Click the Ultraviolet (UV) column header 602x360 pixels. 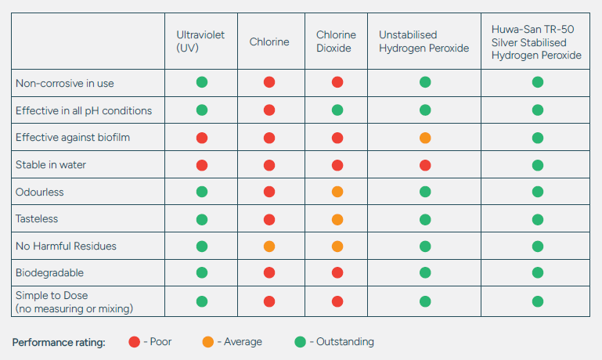(x=200, y=41)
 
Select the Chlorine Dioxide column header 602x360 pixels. (x=336, y=41)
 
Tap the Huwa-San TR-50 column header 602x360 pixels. (x=536, y=42)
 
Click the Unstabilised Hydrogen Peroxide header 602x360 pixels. (x=424, y=41)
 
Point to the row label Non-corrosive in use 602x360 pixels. (x=64, y=83)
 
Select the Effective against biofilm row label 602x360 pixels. (x=73, y=138)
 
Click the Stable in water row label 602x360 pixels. (x=51, y=164)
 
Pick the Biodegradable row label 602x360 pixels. (x=49, y=273)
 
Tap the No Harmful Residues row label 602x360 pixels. (x=66, y=246)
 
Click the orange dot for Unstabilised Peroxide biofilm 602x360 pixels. (x=425, y=138)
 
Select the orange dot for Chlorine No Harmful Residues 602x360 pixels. (x=269, y=247)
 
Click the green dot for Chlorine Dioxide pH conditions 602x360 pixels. (x=337, y=110)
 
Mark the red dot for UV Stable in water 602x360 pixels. (x=202, y=165)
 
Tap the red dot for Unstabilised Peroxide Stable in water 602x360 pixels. (x=425, y=165)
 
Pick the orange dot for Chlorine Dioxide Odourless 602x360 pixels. (x=337, y=192)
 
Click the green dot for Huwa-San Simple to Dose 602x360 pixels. (x=538, y=301)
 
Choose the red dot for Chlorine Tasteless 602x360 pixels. (x=269, y=220)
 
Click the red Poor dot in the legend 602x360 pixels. (x=135, y=342)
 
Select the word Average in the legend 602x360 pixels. (x=243, y=341)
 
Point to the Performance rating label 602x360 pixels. (x=59, y=342)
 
